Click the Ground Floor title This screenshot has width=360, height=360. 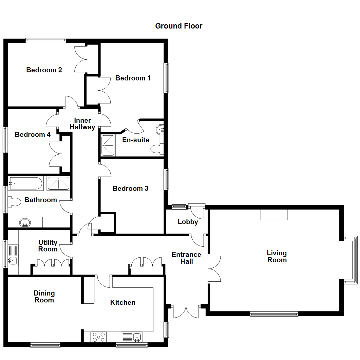pyautogui.click(x=179, y=26)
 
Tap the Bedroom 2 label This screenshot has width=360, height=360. pyautogui.click(x=44, y=70)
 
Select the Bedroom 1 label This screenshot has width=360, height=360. pyautogui.click(x=133, y=78)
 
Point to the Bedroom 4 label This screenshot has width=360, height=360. pyautogui.click(x=33, y=135)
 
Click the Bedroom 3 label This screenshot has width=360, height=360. pyautogui.click(x=130, y=189)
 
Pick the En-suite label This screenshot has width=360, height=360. pyautogui.click(x=136, y=140)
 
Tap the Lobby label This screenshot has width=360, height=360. pyautogui.click(x=188, y=222)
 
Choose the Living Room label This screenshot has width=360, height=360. pyautogui.click(x=277, y=256)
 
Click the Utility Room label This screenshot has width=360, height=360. pyautogui.click(x=48, y=246)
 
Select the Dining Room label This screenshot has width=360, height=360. pyautogui.click(x=44, y=297)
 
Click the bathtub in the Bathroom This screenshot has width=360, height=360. pyautogui.click(x=26, y=184)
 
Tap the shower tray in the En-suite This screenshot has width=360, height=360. pyautogui.click(x=108, y=145)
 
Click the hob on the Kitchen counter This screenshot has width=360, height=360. pyautogui.click(x=99, y=337)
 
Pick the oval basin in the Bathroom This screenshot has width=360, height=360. pyautogui.click(x=25, y=222)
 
